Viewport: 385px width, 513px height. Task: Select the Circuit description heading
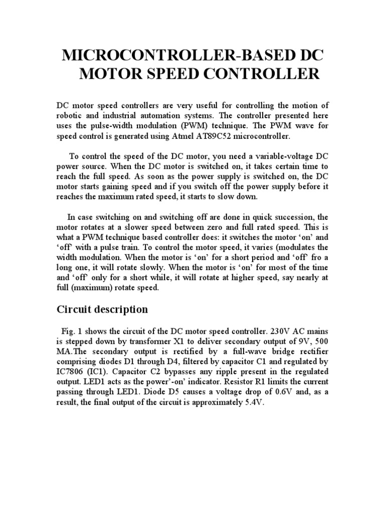click(x=101, y=309)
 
